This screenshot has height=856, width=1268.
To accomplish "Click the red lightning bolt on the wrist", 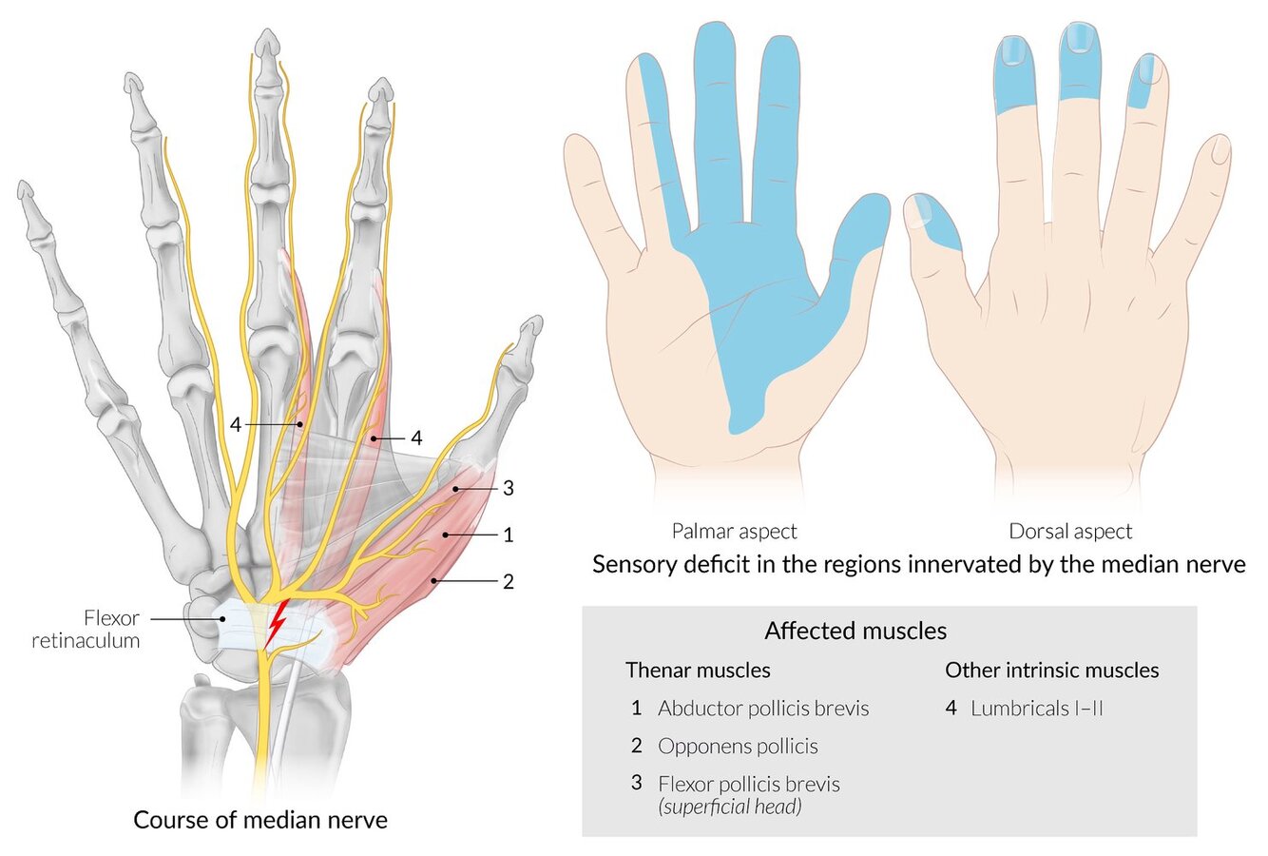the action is (277, 623).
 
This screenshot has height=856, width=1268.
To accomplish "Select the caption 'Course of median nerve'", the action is (260, 820).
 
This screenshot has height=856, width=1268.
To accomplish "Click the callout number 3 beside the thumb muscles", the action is (509, 489).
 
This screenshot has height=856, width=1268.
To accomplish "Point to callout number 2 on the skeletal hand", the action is (509, 581).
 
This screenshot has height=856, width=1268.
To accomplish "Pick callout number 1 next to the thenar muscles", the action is (509, 535).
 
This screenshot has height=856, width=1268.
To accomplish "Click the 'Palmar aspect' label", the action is (735, 532).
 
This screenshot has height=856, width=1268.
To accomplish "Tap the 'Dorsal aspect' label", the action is (1071, 532).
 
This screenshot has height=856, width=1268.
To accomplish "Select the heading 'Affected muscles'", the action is (855, 631).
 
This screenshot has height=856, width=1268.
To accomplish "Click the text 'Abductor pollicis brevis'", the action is (763, 709).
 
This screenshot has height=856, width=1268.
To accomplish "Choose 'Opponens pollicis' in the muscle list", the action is (738, 747).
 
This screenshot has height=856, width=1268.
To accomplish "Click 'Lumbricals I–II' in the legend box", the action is (1037, 709).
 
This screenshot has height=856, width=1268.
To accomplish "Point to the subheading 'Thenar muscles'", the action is (698, 671).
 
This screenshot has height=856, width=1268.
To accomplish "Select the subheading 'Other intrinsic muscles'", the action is (1051, 671).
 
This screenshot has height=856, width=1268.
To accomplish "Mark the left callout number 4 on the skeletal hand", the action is (235, 424).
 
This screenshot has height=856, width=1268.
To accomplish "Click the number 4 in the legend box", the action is (951, 709).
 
